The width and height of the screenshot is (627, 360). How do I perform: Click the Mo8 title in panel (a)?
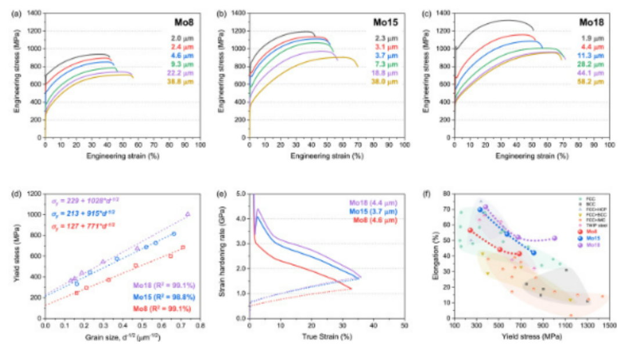(185, 23)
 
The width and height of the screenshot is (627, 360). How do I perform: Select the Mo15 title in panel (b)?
(386, 23)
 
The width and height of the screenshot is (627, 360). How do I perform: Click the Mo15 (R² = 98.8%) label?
(165, 297)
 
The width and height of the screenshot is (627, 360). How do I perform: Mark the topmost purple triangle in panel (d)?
(188, 214)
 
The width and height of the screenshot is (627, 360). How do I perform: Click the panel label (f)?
(427, 193)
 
